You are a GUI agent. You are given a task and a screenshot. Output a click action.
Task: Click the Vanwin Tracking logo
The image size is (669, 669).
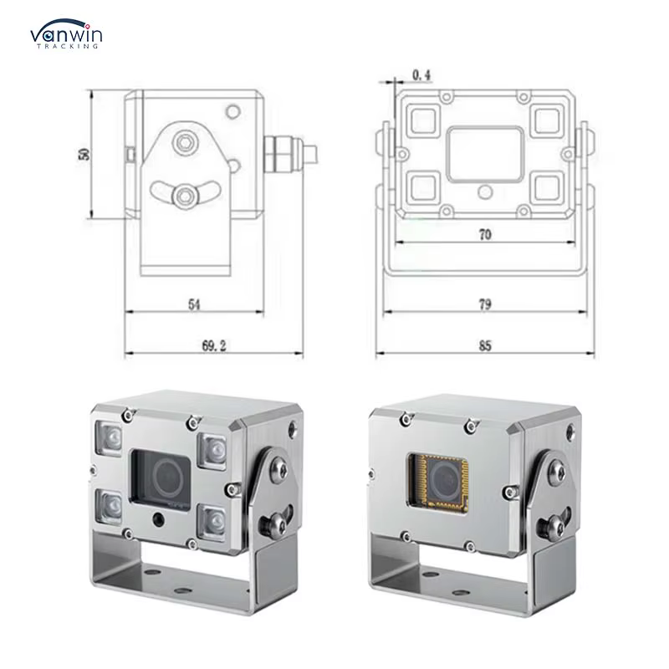tap(66, 33)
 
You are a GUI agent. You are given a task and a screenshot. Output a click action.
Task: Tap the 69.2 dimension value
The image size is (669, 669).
tap(214, 345)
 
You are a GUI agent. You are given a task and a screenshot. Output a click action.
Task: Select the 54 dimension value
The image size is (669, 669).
tap(194, 304)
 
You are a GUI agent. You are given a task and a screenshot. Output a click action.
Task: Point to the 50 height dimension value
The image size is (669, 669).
tap(84, 154)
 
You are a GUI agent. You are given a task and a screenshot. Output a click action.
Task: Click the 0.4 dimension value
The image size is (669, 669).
tap(421, 75)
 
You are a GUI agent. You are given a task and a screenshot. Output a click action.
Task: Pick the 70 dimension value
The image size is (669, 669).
tap(485, 235)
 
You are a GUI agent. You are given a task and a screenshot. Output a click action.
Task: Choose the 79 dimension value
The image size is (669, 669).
tap(485, 304)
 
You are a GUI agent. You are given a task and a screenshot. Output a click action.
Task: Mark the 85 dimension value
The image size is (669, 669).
tap(485, 345)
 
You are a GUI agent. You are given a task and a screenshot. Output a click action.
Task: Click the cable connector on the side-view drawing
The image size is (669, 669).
tap(290, 154)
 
